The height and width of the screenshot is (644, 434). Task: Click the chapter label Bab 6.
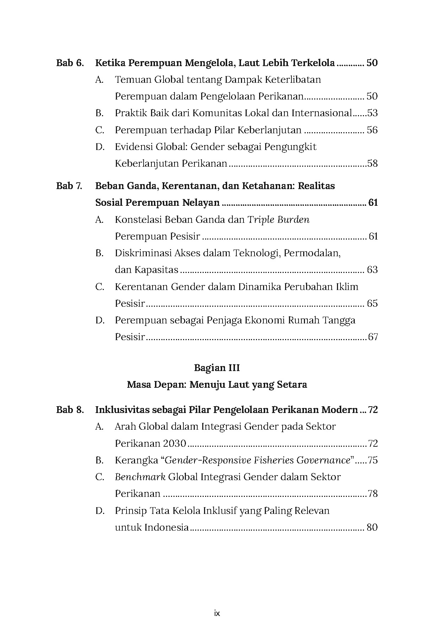(x=70, y=63)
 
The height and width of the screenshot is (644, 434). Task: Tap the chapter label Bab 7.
(x=69, y=186)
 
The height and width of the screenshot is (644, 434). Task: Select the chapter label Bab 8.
(x=70, y=410)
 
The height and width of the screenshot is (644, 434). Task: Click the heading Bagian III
(x=217, y=368)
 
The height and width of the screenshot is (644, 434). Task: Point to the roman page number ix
(x=217, y=613)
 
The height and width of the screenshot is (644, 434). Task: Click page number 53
(x=372, y=113)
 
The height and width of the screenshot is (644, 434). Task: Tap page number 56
(x=372, y=130)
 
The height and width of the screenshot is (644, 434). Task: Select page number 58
(x=372, y=163)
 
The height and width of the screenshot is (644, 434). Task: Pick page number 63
(x=372, y=270)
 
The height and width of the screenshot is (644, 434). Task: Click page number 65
(x=372, y=304)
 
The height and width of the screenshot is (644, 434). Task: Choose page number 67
(x=373, y=337)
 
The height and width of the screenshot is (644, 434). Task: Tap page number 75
(x=373, y=461)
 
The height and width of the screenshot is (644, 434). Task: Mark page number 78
(x=373, y=494)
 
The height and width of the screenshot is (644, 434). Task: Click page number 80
(x=372, y=527)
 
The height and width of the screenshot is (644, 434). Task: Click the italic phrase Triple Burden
(x=278, y=220)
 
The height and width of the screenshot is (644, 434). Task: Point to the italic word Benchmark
(x=140, y=477)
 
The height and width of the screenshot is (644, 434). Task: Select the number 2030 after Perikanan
(x=175, y=444)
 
